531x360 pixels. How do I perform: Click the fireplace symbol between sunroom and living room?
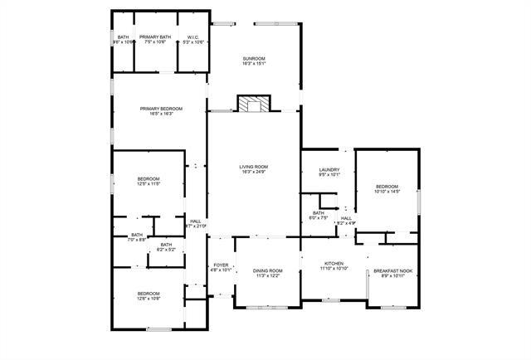(x=253, y=104)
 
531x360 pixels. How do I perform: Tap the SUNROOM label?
(x=253, y=58)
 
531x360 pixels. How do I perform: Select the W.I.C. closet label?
(x=192, y=37)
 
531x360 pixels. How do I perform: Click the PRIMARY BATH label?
(x=155, y=37)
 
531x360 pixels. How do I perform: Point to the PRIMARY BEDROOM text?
(x=161, y=109)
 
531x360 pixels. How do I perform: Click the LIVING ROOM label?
(x=253, y=167)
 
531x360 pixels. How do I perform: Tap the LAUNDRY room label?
(x=329, y=169)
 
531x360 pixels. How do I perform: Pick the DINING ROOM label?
(x=268, y=270)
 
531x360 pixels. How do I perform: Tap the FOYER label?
(x=221, y=265)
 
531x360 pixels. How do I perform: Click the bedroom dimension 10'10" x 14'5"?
(x=387, y=192)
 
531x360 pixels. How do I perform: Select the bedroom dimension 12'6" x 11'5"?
(x=149, y=184)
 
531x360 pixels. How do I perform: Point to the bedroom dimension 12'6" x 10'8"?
(x=149, y=299)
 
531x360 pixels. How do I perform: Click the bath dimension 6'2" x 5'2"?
(x=166, y=249)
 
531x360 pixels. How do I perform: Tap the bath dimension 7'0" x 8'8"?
(x=137, y=240)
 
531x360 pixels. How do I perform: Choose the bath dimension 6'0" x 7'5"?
(x=319, y=218)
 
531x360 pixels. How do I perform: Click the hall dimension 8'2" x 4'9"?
(x=346, y=223)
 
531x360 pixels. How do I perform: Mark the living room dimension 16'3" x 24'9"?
(x=253, y=173)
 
